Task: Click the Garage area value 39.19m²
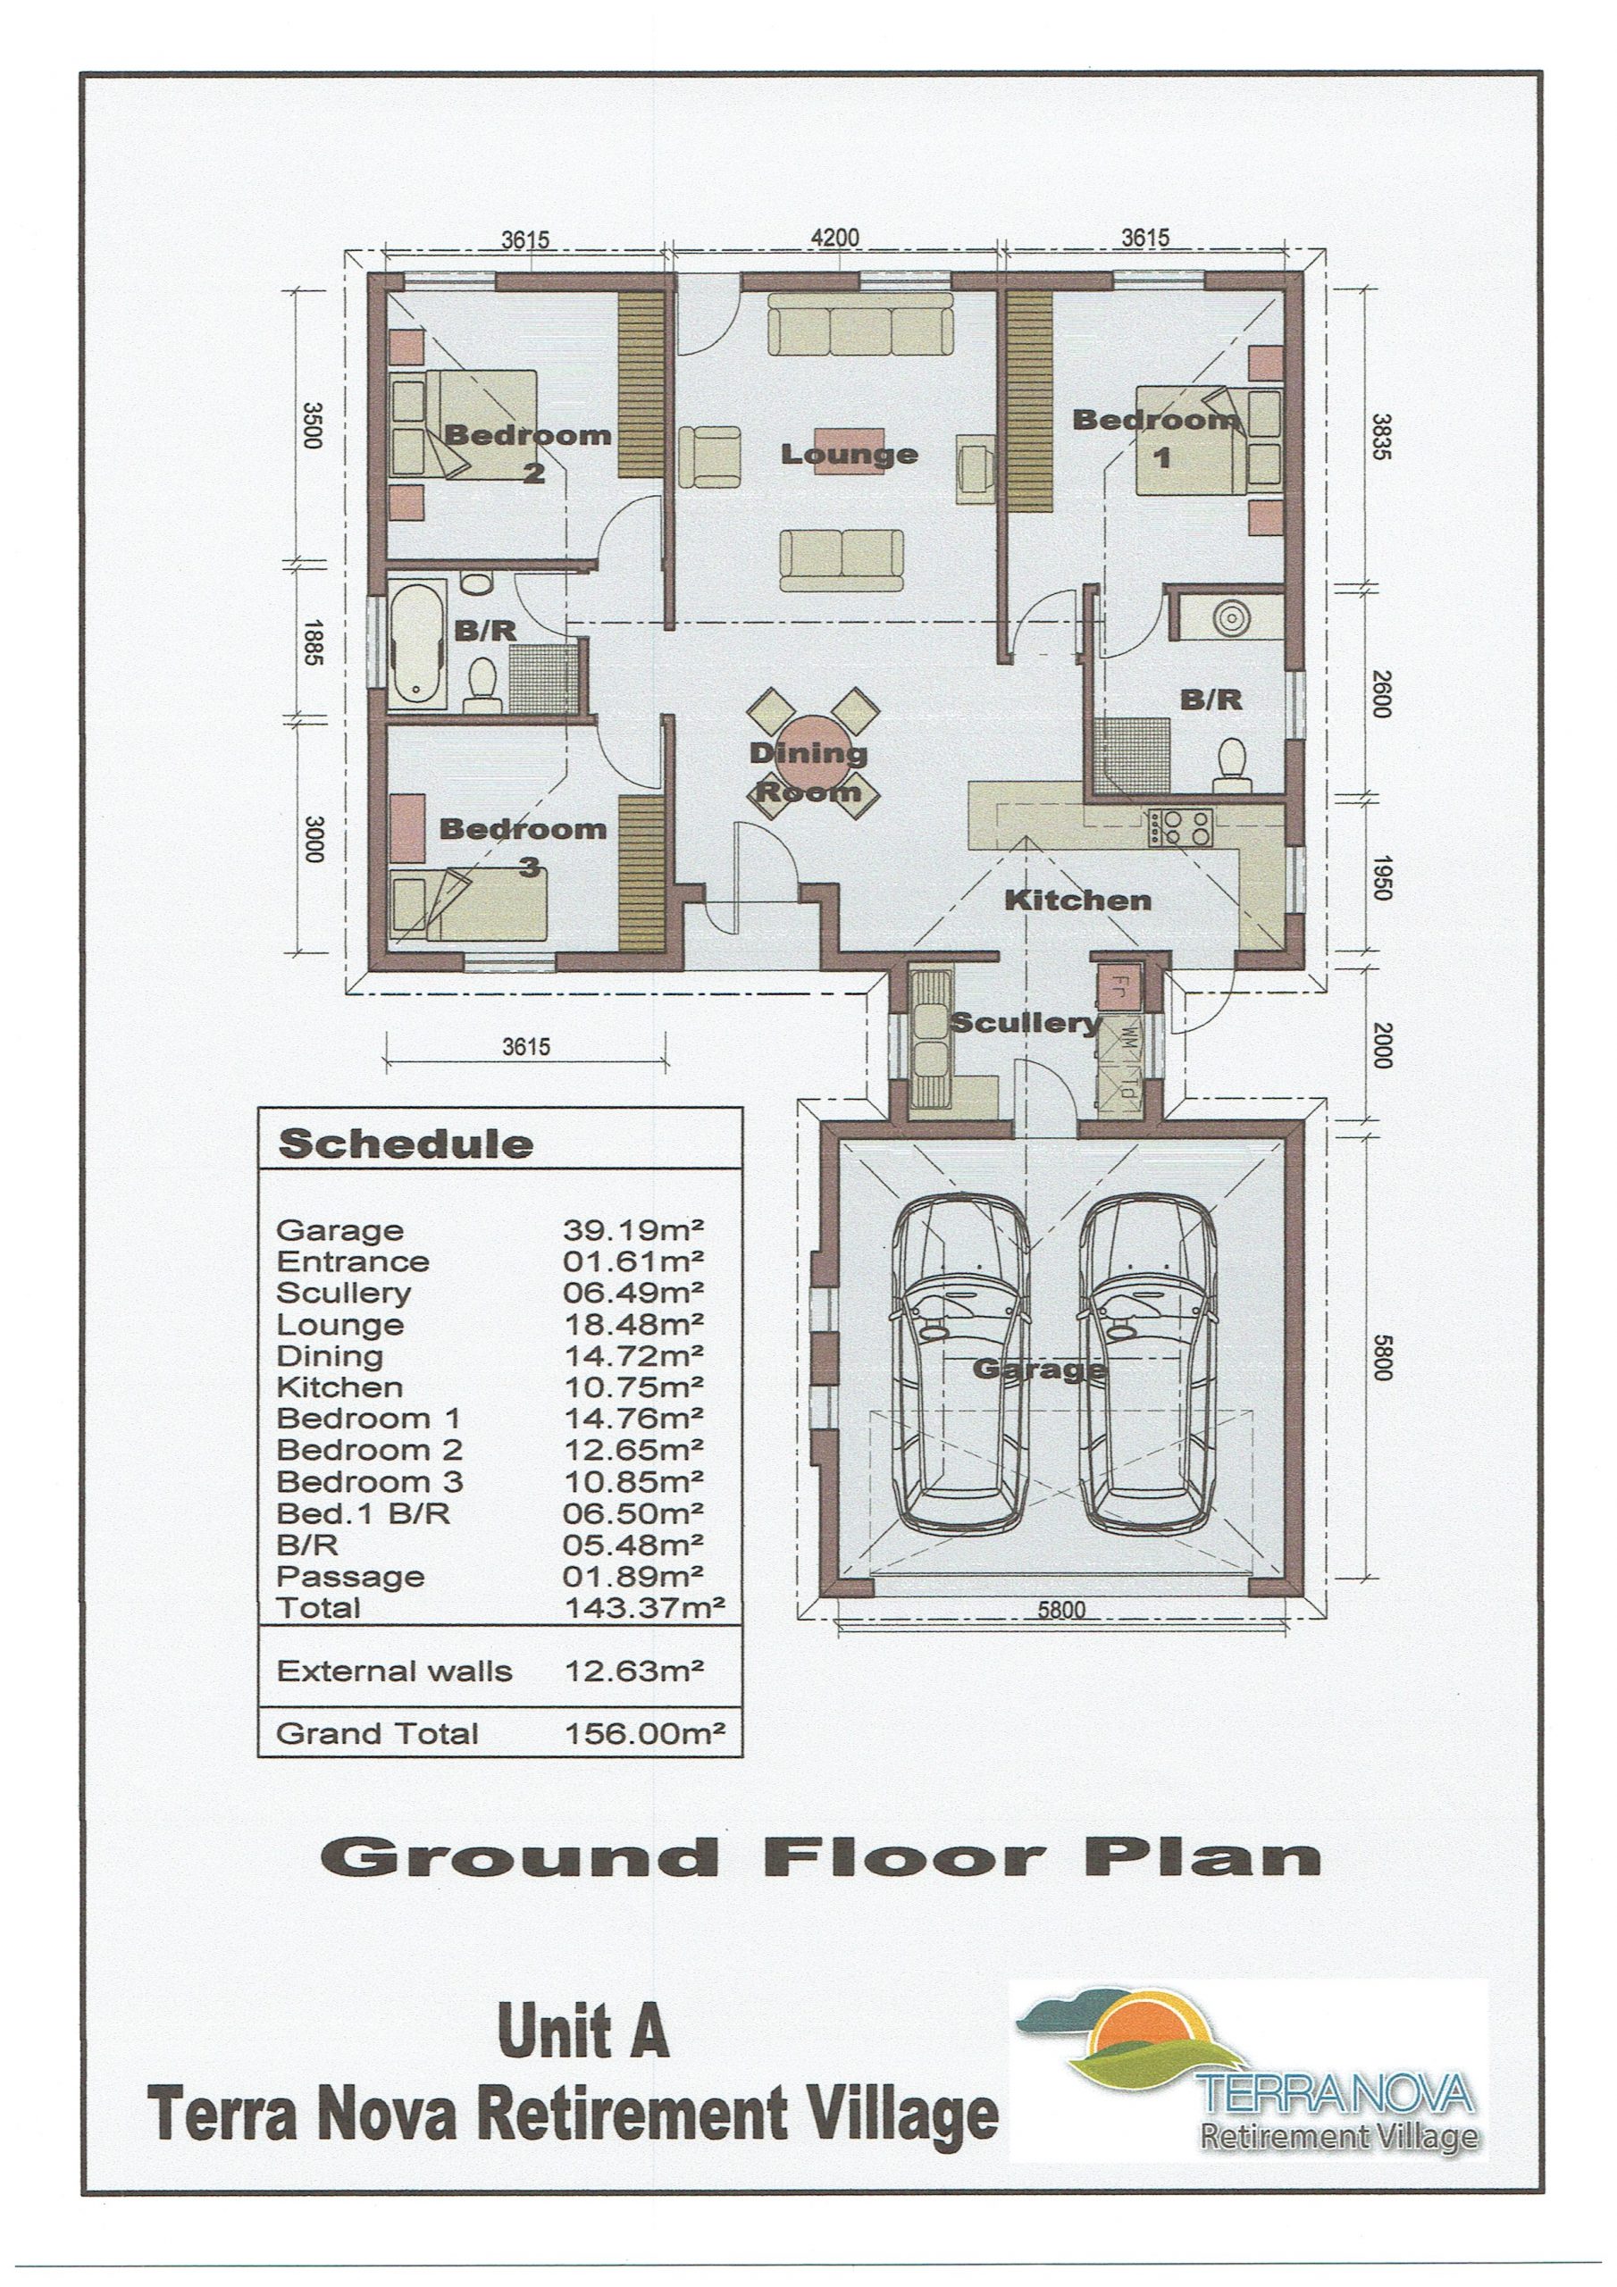pyautogui.click(x=634, y=1231)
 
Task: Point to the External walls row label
pyautogui.click(x=395, y=1671)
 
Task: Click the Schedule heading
pyautogui.click(x=406, y=1144)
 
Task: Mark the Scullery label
pyautogui.click(x=1026, y=1023)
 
